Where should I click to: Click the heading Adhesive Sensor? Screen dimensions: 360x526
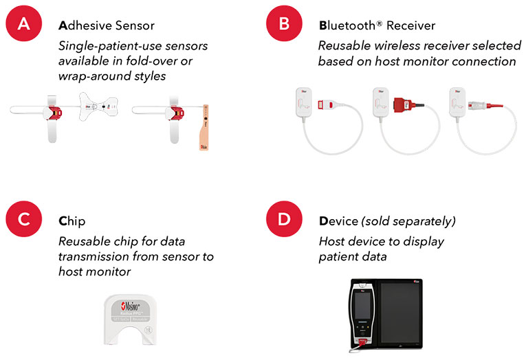[x=107, y=26]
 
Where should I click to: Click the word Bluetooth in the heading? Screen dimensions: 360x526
[x=347, y=26]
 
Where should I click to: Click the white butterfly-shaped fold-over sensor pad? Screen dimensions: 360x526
[x=96, y=107]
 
